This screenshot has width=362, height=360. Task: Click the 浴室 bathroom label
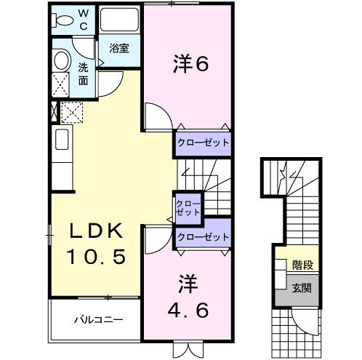(x=119, y=49)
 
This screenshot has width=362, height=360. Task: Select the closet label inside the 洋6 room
(x=202, y=143)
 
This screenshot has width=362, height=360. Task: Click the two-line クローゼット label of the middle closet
(x=188, y=207)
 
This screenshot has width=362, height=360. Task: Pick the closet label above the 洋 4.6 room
(x=203, y=236)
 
